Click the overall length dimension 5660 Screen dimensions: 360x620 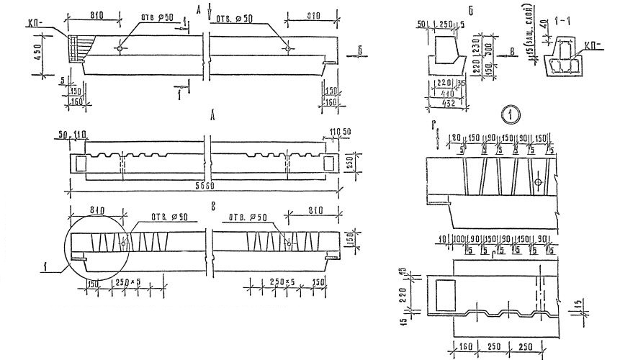(x=203, y=186)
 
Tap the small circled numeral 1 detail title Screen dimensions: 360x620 (x=508, y=114)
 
